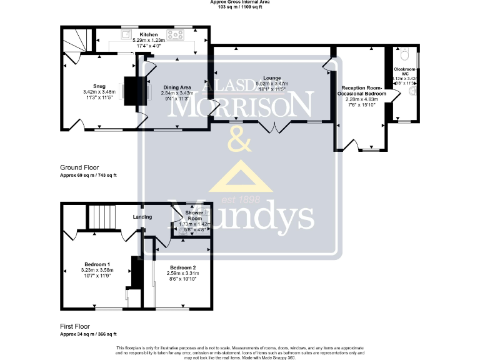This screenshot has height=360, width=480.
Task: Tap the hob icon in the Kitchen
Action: coord(173,34)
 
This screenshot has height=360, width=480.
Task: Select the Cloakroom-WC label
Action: coord(404,71)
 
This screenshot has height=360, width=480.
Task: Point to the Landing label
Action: coord(143,217)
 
